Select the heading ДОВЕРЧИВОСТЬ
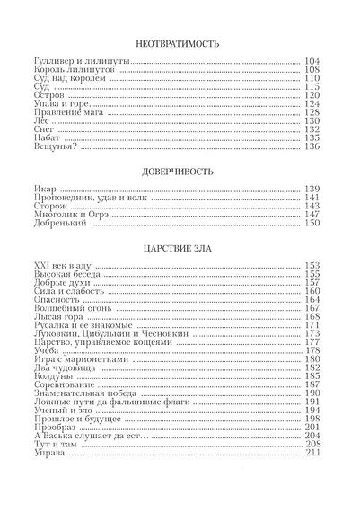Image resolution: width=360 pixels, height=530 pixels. pyautogui.click(x=180, y=169)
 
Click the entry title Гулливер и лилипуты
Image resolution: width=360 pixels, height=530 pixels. pyautogui.click(x=75, y=60)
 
